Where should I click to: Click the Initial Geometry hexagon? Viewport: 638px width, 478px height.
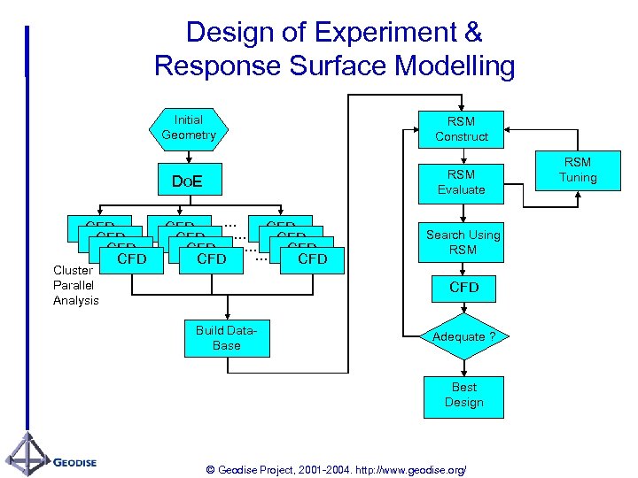tap(188, 127)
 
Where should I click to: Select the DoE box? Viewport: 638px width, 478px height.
tap(188, 181)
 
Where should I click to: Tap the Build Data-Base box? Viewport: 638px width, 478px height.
tap(226, 338)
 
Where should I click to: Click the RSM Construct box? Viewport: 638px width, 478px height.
tap(461, 129)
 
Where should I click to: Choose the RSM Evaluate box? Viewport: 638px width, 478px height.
tap(461, 182)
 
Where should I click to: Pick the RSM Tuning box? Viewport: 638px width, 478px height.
tap(578, 170)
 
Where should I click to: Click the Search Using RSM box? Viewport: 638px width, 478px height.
tap(463, 242)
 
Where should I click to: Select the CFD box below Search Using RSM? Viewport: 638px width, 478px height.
tap(463, 288)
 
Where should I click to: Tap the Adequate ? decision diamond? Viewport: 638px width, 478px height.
tap(463, 336)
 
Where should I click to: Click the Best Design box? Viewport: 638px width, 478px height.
tap(463, 395)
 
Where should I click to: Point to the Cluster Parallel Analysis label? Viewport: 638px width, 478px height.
tap(75, 285)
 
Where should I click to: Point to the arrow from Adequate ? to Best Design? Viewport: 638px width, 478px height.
tap(463, 367)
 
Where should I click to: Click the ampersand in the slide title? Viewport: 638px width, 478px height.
tap(473, 34)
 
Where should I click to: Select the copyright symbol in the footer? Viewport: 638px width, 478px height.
tap(208, 469)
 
